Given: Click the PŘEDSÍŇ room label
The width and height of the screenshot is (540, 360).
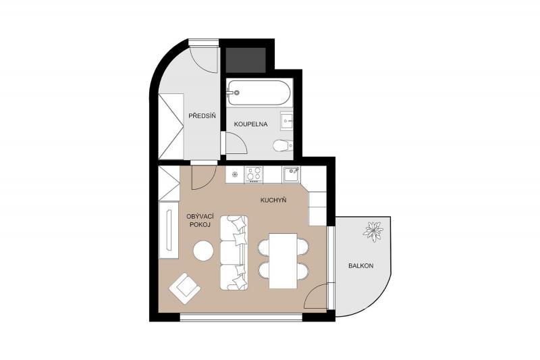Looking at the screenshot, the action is (x=202, y=115).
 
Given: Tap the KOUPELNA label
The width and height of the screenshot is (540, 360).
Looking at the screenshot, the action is (x=250, y=124).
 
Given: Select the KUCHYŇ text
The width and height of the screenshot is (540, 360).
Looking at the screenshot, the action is (x=273, y=200).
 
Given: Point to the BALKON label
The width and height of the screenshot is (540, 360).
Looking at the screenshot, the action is (x=360, y=266).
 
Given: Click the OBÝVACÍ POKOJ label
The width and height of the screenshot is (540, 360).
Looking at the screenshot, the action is (x=200, y=220).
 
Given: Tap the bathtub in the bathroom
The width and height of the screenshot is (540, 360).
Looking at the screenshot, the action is (x=259, y=93).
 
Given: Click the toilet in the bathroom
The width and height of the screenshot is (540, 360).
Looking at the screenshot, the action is (x=283, y=146).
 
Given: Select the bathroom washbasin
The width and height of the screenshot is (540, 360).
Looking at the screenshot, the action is (x=286, y=121).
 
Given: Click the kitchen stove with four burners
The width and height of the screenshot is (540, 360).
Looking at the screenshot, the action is (x=254, y=174).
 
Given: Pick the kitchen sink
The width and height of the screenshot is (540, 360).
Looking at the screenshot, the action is (x=292, y=174).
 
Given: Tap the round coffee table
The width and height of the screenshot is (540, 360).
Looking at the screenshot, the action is (x=203, y=251).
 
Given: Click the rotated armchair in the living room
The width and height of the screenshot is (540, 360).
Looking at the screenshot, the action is (x=185, y=288).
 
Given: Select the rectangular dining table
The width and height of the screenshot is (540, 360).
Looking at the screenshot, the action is (x=283, y=261).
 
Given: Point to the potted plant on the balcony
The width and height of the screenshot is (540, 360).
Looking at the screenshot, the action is (x=373, y=231).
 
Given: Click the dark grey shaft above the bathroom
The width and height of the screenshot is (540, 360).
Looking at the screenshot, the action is (x=246, y=60).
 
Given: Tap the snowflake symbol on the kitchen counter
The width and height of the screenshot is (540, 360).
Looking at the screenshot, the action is (x=235, y=174).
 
